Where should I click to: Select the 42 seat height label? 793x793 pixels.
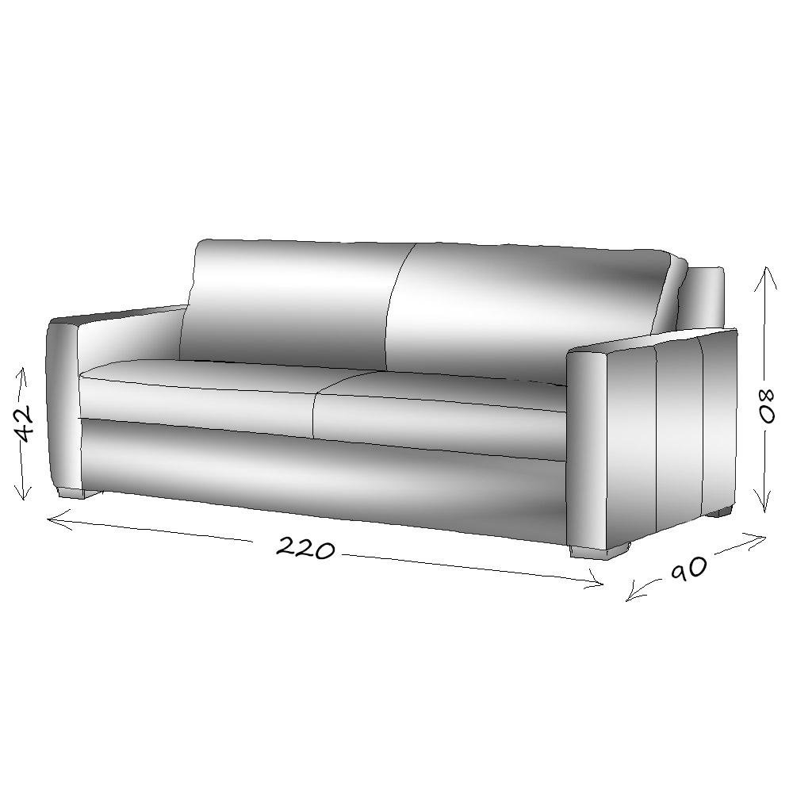pos(26,423)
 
